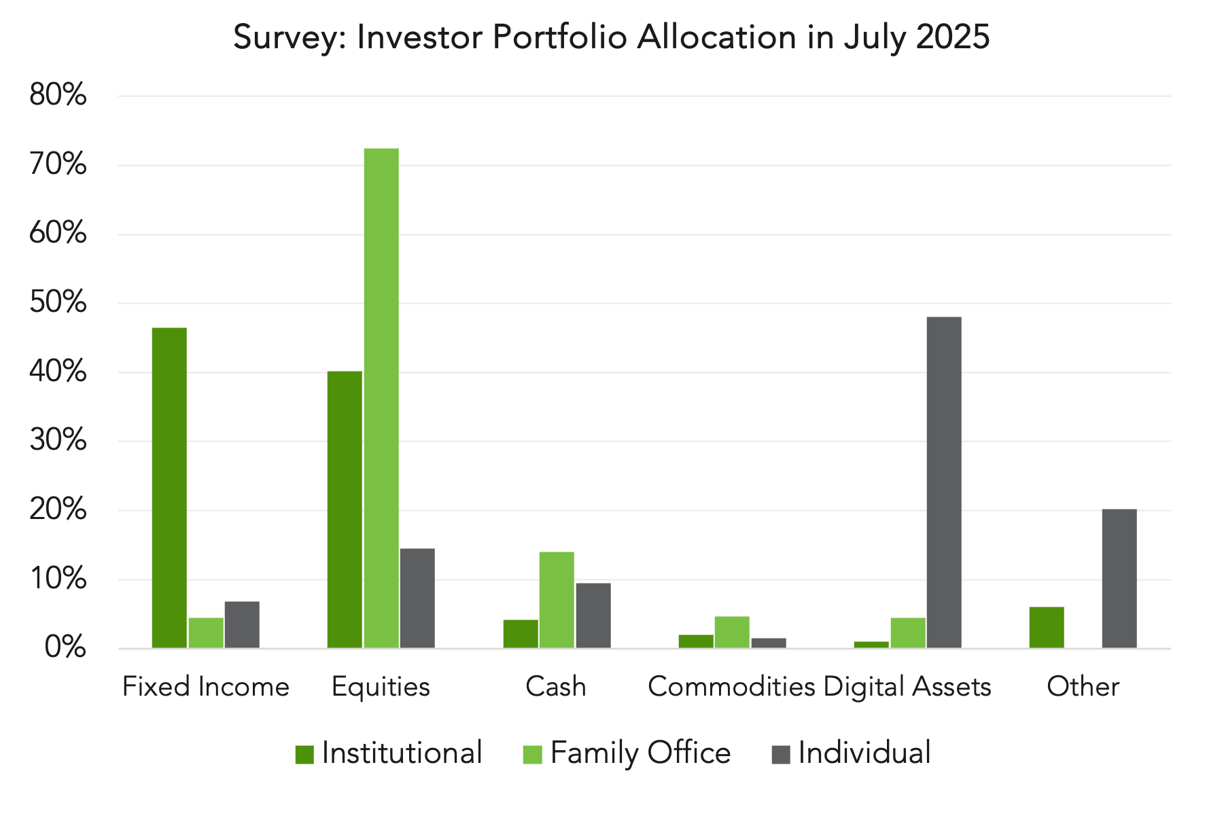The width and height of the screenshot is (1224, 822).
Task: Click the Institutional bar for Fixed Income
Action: pyautogui.click(x=169, y=488)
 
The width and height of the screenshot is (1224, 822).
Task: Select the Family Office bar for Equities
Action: pyautogui.click(x=381, y=398)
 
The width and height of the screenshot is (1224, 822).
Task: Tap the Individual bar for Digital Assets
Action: pyautogui.click(x=944, y=482)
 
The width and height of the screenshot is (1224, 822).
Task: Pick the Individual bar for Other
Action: pyautogui.click(x=1119, y=578)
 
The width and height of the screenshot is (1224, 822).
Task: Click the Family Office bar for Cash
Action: pyautogui.click(x=557, y=600)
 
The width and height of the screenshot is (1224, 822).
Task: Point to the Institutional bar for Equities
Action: pyautogui.click(x=345, y=510)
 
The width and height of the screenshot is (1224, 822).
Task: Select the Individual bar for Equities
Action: pyautogui.click(x=417, y=598)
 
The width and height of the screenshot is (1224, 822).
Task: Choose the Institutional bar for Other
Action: pyautogui.click(x=1047, y=627)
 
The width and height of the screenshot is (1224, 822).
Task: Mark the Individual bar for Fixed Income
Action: pyautogui.click(x=242, y=624)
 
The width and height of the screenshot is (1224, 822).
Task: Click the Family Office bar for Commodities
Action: pyautogui.click(x=732, y=632)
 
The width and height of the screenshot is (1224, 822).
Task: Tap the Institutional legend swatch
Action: pyautogui.click(x=304, y=754)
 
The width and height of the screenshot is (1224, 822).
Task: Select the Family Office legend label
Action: pyautogui.click(x=641, y=753)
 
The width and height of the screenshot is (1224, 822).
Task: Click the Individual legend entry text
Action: pyautogui.click(x=864, y=753)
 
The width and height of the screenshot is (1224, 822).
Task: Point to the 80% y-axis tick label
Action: pyautogui.click(x=58, y=95)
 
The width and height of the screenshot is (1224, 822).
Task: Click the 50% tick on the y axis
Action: pyautogui.click(x=58, y=302)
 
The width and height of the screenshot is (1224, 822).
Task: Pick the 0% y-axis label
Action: pyautogui.click(x=66, y=647)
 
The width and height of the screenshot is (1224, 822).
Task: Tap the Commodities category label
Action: pyautogui.click(x=732, y=686)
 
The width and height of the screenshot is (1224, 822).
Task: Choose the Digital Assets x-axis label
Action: pyautogui.click(x=907, y=687)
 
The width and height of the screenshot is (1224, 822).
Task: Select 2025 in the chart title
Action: pyautogui.click(x=952, y=37)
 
